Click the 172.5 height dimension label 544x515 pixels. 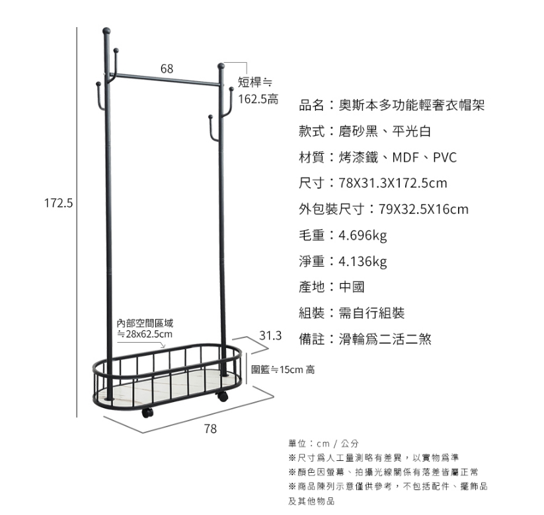58,203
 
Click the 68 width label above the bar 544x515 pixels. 167,69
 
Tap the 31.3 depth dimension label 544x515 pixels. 271,335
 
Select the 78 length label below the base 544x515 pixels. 210,429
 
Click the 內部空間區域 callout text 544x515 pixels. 145,324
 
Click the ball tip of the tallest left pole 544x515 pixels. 106,30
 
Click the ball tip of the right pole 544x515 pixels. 221,65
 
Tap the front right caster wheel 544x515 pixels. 222,396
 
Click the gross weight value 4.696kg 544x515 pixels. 362,235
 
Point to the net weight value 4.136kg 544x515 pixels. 362,261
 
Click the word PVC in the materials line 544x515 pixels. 445,157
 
